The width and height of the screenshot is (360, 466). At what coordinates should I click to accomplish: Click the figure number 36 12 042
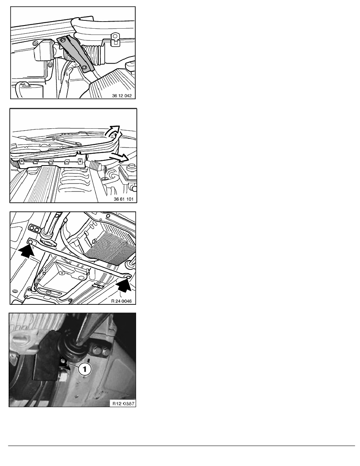(x=122, y=96)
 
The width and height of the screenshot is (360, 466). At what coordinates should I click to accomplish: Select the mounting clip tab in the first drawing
(x=115, y=39)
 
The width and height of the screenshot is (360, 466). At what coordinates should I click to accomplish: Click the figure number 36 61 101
(x=124, y=199)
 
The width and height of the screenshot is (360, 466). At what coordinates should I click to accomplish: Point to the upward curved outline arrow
(x=113, y=131)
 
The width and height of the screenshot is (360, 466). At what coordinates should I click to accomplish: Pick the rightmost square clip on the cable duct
(x=80, y=161)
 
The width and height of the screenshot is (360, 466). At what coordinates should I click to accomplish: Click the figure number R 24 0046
(x=121, y=301)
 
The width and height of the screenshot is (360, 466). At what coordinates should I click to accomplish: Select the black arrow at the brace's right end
(x=124, y=286)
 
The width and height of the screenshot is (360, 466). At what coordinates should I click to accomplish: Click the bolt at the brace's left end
(x=30, y=241)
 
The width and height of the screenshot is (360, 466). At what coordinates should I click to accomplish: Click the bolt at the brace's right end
(x=127, y=277)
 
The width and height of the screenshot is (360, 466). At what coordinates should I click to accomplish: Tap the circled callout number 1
(x=84, y=370)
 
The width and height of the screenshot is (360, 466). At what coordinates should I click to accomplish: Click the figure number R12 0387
(x=123, y=404)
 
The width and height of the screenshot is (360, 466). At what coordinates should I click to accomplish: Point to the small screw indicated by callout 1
(x=63, y=361)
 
